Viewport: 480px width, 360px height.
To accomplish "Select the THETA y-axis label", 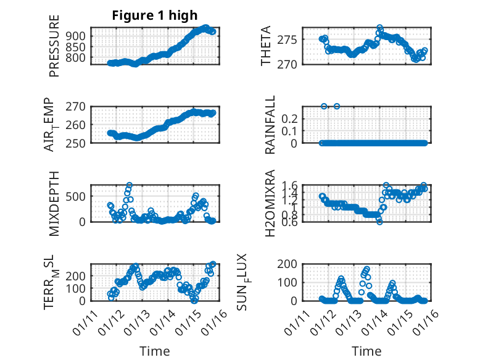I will coord(266,46).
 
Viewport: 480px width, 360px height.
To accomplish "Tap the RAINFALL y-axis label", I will coord(270,125).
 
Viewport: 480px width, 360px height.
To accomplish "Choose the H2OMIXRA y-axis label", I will coord(270,203).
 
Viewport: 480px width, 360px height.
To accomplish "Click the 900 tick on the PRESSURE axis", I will coord(77,36).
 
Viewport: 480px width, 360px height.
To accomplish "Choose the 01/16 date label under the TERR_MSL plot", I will coord(208,320).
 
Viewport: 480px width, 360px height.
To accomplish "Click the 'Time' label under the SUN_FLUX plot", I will coord(366,351).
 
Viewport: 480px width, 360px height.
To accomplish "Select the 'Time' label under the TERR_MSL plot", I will coord(154,351).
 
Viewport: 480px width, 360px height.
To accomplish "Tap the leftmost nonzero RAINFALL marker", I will coord(324,106).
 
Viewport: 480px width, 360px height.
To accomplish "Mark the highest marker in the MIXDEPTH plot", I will coord(130,185).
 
